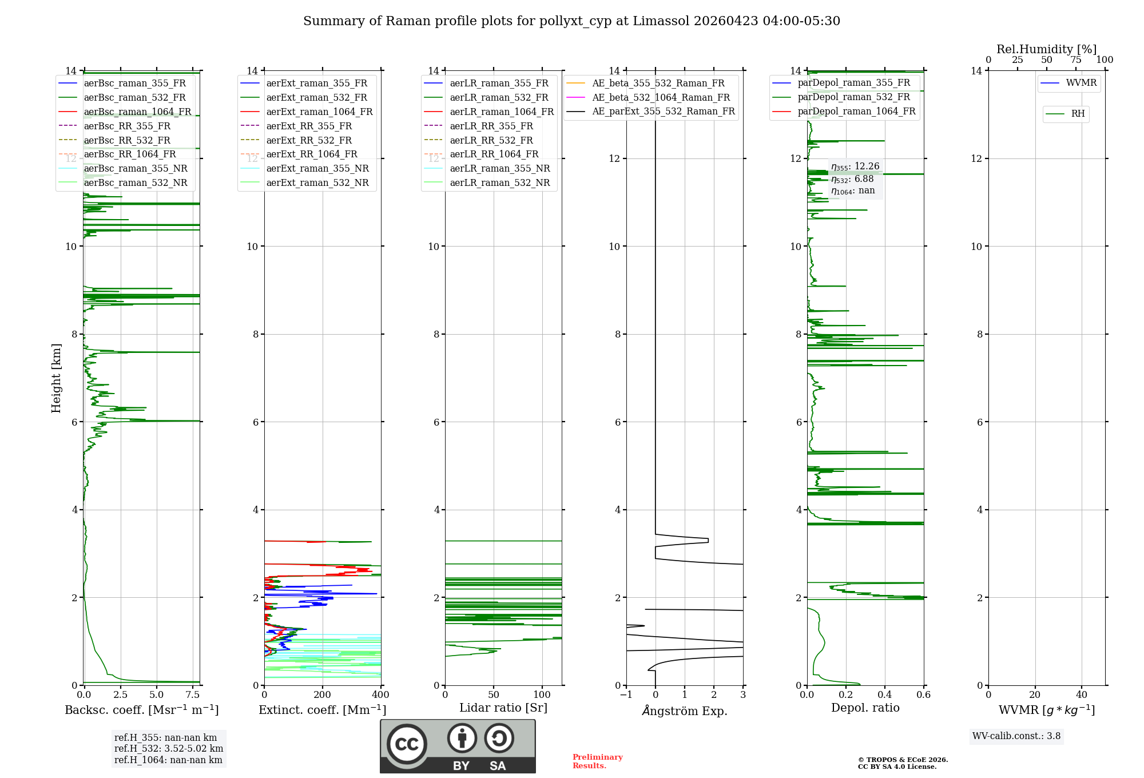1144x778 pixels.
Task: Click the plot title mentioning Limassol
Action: (571, 21)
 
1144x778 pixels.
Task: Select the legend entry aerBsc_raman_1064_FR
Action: (137, 112)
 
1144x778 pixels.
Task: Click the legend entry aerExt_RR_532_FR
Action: (309, 140)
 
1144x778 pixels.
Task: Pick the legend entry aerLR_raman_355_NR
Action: (499, 168)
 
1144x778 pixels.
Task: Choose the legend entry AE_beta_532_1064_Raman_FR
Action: (661, 97)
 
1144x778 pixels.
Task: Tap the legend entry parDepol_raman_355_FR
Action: (853, 83)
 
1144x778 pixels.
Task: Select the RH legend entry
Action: (1078, 114)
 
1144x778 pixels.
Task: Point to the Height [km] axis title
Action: (56, 378)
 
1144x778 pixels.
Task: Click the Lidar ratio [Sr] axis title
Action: (503, 708)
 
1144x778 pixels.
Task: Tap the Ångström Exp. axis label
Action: (685, 710)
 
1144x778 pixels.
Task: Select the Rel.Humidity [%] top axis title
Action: (1046, 49)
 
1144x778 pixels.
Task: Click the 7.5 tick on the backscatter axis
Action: (193, 695)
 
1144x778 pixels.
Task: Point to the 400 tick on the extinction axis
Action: (381, 695)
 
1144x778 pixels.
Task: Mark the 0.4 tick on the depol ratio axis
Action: (885, 695)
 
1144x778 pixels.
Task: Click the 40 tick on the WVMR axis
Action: (1082, 695)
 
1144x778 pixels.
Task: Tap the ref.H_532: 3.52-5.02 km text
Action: (169, 749)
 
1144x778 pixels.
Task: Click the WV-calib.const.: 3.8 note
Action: (1016, 736)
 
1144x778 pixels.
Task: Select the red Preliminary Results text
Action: (598, 761)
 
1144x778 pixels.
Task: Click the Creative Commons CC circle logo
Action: (407, 744)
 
